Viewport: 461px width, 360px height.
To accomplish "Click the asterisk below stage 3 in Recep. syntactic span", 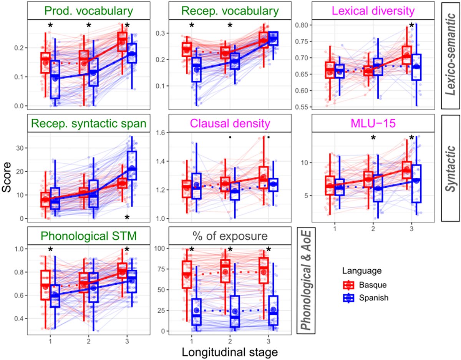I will pos(127,218).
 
